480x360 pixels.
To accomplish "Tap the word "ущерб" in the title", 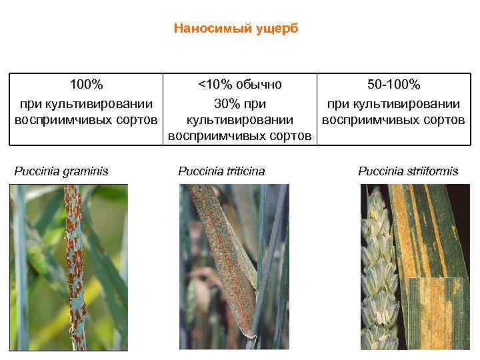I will [x=277, y=29].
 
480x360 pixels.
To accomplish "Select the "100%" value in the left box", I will [x=87, y=85].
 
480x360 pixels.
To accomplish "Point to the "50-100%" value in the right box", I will [x=393, y=85].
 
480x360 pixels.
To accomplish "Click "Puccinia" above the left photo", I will [x=35, y=171].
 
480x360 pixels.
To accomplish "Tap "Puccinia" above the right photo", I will [x=379, y=171].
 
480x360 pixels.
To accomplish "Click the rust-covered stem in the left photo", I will [x=75, y=267].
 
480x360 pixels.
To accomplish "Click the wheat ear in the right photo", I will [x=378, y=267].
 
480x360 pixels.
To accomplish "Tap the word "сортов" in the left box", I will [x=139, y=120].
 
